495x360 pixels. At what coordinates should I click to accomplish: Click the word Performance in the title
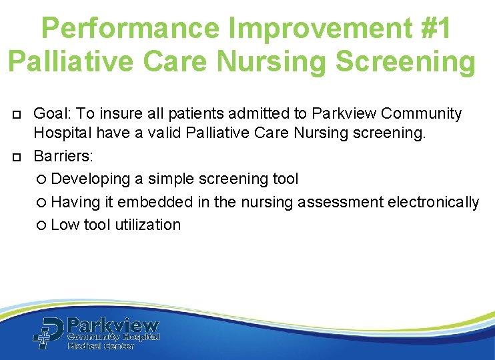click(x=130, y=28)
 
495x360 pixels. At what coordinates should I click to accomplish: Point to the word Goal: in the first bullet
click(x=52, y=114)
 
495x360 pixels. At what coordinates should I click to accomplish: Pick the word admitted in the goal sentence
click(x=236, y=114)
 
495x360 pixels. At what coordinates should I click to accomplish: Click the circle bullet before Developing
click(x=42, y=179)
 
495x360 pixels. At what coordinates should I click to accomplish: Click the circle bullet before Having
click(x=42, y=202)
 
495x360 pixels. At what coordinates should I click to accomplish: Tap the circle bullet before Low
click(x=42, y=225)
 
